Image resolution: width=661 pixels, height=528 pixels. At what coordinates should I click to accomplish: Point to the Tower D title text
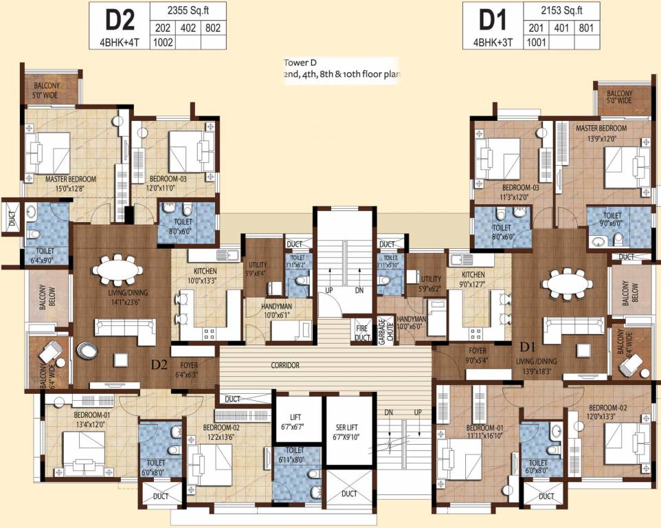[x=300, y=63]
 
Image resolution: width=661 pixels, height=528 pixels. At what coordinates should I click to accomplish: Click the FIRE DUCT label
[x=362, y=332]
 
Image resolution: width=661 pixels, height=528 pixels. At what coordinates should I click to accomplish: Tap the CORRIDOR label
[x=284, y=366]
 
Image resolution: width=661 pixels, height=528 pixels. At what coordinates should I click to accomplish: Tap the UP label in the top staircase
[x=328, y=291]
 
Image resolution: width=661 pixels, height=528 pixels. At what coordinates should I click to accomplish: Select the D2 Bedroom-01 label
[x=91, y=419]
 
